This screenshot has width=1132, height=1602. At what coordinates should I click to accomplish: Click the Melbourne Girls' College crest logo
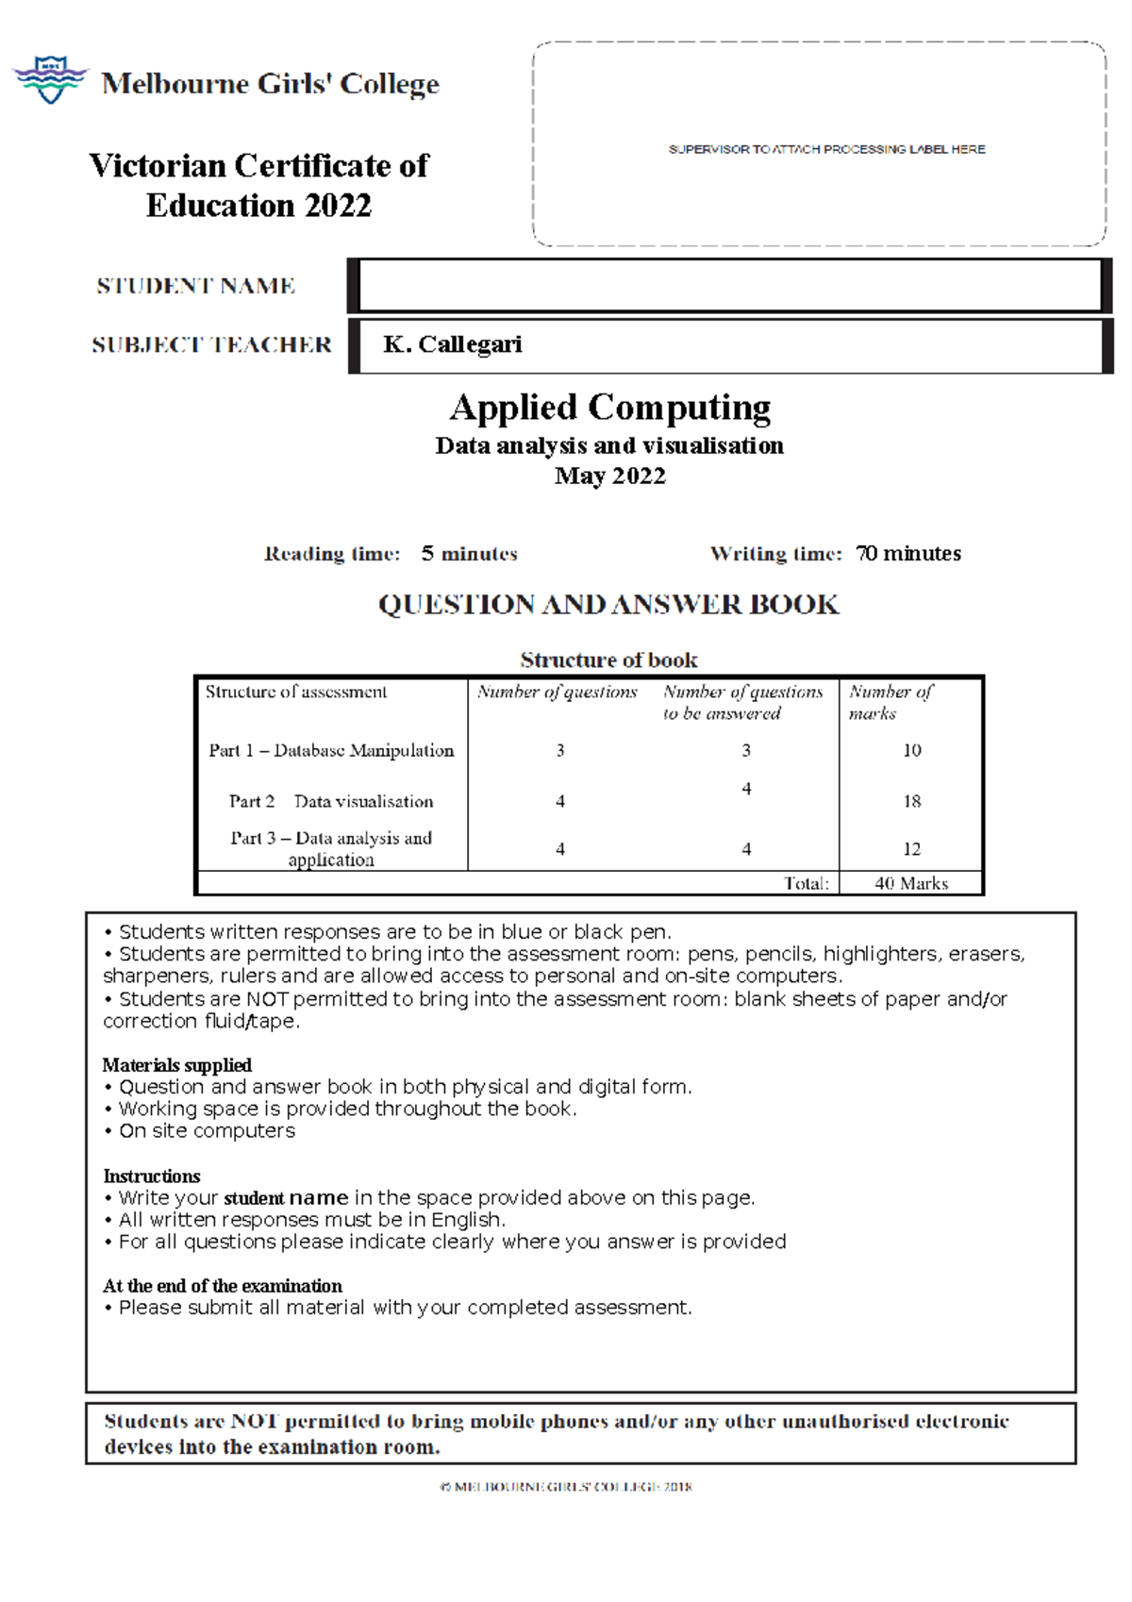pyautogui.click(x=50, y=79)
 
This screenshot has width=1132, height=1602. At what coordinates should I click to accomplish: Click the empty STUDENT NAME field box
pyautogui.click(x=729, y=285)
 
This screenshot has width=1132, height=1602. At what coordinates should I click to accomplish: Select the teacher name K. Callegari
pyautogui.click(x=452, y=344)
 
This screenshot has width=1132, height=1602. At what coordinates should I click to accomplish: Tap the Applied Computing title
pyautogui.click(x=609, y=408)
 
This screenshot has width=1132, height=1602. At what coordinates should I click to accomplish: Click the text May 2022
pyautogui.click(x=609, y=476)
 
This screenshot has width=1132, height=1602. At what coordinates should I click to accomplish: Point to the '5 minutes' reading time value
pyautogui.click(x=469, y=554)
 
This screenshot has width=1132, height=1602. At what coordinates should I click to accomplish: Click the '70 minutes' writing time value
pyautogui.click(x=907, y=554)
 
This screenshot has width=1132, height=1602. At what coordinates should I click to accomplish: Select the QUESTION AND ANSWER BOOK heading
pyautogui.click(x=608, y=605)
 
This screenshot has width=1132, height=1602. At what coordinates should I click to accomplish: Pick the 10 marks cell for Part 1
pyautogui.click(x=911, y=750)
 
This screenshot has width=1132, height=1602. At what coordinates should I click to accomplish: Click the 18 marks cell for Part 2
pyautogui.click(x=911, y=801)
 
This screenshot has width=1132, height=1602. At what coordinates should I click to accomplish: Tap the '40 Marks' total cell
pyautogui.click(x=910, y=883)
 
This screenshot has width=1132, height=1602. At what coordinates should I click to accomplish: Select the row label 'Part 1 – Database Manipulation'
pyautogui.click(x=331, y=750)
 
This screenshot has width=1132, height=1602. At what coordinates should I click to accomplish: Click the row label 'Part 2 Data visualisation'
pyautogui.click(x=331, y=801)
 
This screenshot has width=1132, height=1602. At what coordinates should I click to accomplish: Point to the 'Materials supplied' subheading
pyautogui.click(x=176, y=1065)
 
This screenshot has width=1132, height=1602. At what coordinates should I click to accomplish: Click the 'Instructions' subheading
pyautogui.click(x=151, y=1176)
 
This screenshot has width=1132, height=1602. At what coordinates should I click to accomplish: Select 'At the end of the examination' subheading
pyautogui.click(x=222, y=1286)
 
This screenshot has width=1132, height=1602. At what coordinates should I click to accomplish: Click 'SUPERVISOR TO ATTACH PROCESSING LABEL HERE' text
pyautogui.click(x=826, y=149)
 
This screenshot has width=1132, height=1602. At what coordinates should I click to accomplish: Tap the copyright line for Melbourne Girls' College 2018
pyautogui.click(x=566, y=1486)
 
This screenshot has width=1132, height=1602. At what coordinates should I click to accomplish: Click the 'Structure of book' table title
pyautogui.click(x=608, y=659)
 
